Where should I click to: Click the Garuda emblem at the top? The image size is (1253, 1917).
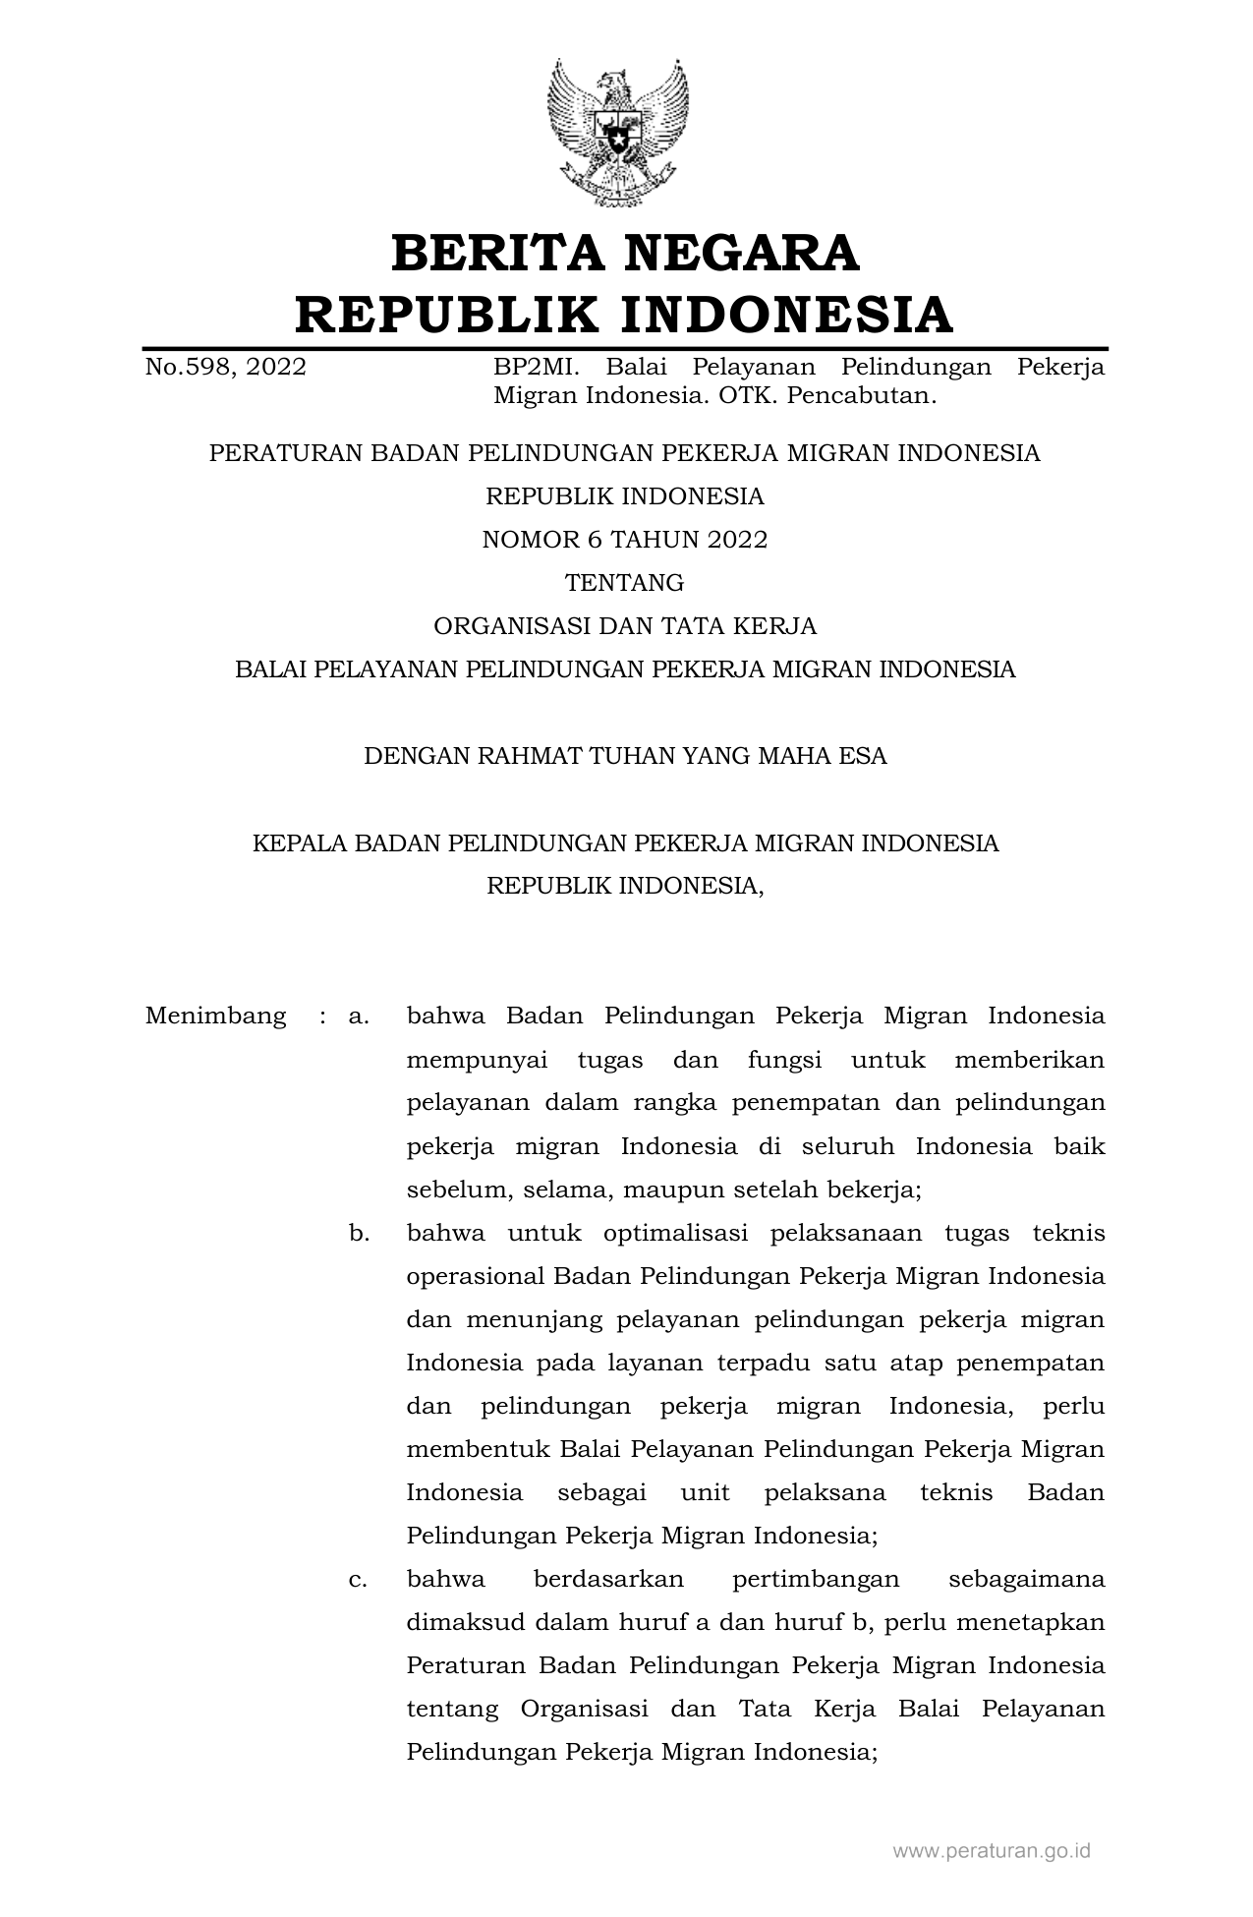[x=618, y=132]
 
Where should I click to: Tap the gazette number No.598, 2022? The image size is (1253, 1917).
[x=225, y=367]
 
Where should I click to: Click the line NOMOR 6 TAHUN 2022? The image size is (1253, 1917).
[x=625, y=540]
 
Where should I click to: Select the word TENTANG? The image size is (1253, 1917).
[x=625, y=583]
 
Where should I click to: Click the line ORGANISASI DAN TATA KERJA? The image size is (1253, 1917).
[x=625, y=626]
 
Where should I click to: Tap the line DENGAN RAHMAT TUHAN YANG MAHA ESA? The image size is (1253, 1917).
[x=625, y=756]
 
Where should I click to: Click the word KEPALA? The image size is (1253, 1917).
[x=296, y=842]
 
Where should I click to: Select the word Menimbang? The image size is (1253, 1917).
[x=216, y=1016]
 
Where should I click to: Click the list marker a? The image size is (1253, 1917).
[x=359, y=1016]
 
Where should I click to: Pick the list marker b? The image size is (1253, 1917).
[x=359, y=1233]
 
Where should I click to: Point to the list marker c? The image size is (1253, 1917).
[x=359, y=1579]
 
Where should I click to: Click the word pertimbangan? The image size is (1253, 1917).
[x=816, y=1579]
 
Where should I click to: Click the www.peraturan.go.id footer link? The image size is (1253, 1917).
[x=992, y=1851]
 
